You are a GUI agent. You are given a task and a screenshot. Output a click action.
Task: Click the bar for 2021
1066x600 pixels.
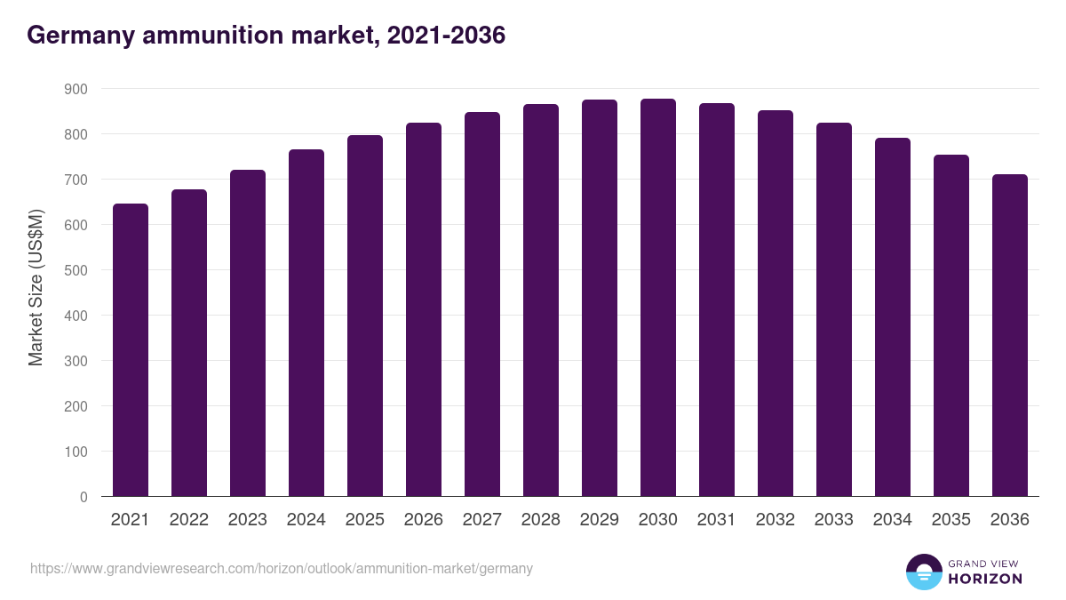pyautogui.click(x=131, y=350)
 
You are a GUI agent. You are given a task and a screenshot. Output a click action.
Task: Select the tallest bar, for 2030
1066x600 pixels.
pyautogui.click(x=658, y=298)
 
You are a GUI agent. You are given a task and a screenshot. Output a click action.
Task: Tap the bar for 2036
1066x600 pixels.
pyautogui.click(x=1010, y=335)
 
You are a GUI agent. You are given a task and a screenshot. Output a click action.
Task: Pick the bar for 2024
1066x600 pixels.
pyautogui.click(x=306, y=323)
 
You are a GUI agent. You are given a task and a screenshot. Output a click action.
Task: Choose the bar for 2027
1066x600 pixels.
pyautogui.click(x=482, y=304)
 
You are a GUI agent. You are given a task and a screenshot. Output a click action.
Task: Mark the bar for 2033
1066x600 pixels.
pyautogui.click(x=834, y=309)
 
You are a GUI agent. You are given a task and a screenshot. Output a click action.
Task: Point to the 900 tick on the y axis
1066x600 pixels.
pyautogui.click(x=76, y=89)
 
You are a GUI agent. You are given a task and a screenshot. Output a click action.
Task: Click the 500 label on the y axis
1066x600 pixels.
pyautogui.click(x=76, y=270)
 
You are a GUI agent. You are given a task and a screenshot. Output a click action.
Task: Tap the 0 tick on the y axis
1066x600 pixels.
pyautogui.click(x=84, y=497)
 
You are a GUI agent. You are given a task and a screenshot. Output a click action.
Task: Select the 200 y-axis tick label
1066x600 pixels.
pyautogui.click(x=76, y=406)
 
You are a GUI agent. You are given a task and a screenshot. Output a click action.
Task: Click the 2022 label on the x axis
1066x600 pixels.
pyautogui.click(x=189, y=520)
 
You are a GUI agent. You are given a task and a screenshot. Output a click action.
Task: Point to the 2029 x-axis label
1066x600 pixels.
pyautogui.click(x=600, y=520)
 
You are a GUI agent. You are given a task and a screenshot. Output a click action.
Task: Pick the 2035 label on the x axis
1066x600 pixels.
pyautogui.click(x=951, y=520)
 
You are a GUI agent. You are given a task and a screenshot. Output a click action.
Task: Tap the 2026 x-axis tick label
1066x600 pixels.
pyautogui.click(x=424, y=520)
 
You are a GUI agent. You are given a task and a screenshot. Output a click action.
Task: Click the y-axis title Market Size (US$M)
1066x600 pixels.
pyautogui.click(x=36, y=287)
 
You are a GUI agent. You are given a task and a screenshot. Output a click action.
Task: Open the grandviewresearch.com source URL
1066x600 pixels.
pyautogui.click(x=282, y=568)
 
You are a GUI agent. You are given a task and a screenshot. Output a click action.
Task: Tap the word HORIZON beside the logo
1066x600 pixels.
pyautogui.click(x=985, y=579)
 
